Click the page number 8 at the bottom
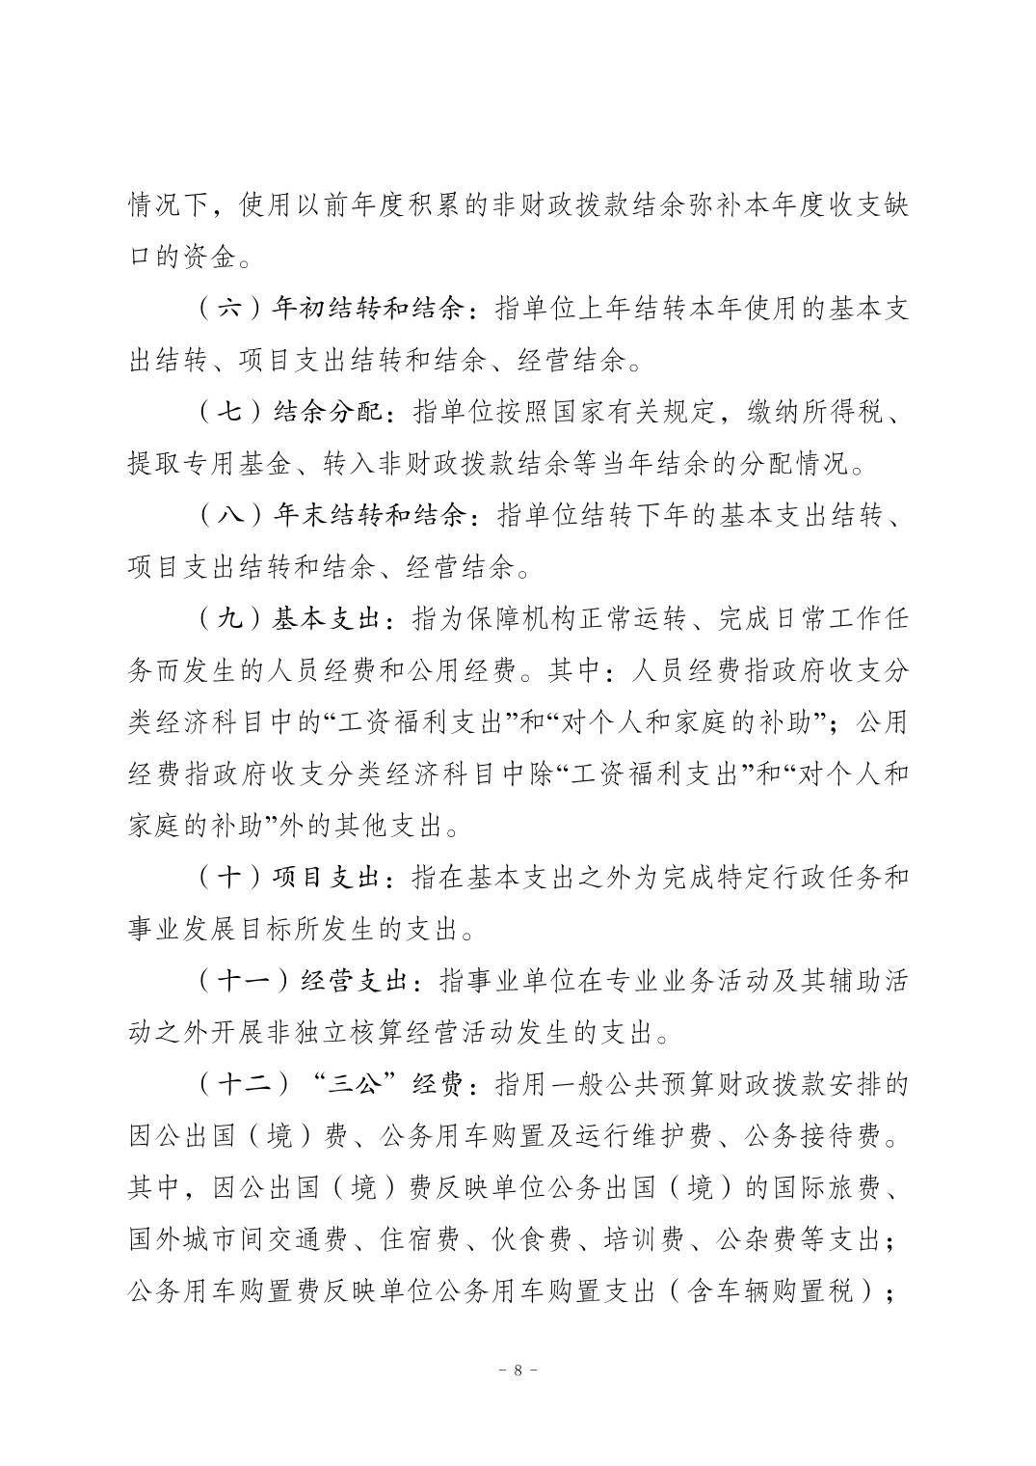(518, 1370)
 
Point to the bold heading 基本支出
(329, 621)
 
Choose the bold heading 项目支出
(329, 879)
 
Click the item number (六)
(227, 310)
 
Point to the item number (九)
(227, 621)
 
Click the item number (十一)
(242, 982)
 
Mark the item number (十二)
(242, 1085)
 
